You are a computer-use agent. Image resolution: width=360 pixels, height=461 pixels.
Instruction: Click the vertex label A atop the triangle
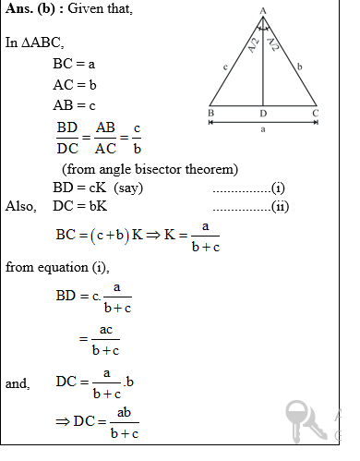pyautogui.click(x=263, y=8)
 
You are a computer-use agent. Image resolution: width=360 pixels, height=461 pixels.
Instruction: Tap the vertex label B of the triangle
pyautogui.click(x=211, y=114)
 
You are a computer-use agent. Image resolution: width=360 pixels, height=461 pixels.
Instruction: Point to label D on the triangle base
pyautogui.click(x=264, y=114)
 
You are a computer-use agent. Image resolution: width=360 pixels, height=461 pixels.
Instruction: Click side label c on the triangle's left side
pyautogui.click(x=225, y=66)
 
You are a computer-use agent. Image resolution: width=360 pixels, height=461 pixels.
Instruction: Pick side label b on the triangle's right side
pyautogui.click(x=301, y=66)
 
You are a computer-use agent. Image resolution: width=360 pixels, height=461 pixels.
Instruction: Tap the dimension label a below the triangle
pyautogui.click(x=263, y=130)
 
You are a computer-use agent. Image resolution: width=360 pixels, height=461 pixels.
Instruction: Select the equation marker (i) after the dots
pyautogui.click(x=278, y=188)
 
